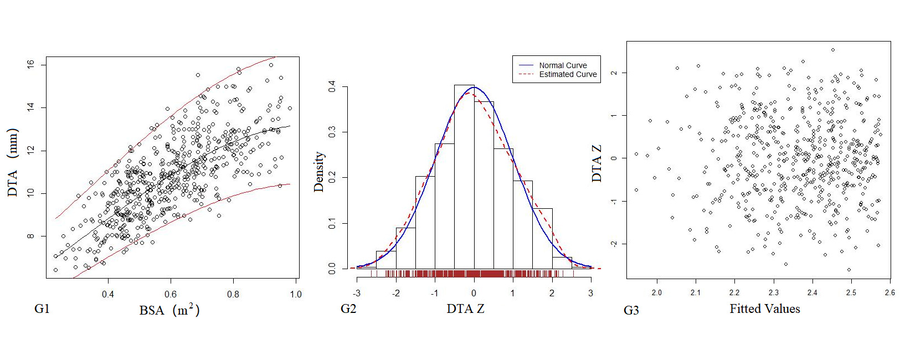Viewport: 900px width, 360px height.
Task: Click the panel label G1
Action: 42,308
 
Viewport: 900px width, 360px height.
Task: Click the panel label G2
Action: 348,308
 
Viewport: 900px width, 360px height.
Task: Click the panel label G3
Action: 631,310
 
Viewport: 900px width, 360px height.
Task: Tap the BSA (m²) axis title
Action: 169,310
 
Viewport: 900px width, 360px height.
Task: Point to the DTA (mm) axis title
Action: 13,162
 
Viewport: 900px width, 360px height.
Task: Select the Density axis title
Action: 319,172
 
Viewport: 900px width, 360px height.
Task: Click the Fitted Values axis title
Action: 764,309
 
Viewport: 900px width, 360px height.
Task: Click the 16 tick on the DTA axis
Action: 31,64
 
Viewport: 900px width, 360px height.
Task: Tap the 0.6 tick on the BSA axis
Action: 171,294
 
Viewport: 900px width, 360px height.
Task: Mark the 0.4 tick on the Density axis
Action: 332,86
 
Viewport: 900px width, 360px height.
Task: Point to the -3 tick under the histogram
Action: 357,293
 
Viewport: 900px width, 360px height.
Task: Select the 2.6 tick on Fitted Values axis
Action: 889,292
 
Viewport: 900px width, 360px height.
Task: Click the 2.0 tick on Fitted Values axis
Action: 656,292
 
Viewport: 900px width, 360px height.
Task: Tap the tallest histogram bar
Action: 464,177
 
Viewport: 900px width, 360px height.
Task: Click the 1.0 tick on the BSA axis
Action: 296,294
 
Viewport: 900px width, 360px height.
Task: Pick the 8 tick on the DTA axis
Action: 31,236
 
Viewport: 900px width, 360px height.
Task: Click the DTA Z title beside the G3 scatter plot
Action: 596,163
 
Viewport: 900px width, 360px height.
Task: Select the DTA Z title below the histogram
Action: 465,309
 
